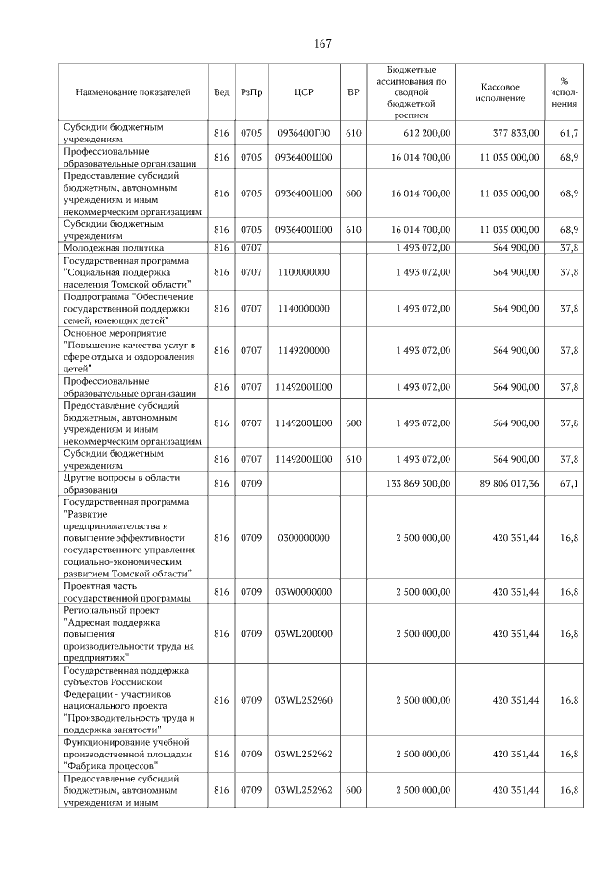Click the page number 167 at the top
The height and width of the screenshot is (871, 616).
pos(321,43)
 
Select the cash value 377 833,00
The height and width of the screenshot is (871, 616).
pos(516,132)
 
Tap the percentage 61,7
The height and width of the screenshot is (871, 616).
pos(568,132)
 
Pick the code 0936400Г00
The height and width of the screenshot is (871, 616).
pos(303,132)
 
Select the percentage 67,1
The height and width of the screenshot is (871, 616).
pos(568,483)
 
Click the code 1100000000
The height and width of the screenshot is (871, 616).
pos(303,272)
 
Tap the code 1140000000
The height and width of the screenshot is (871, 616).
pos(303,308)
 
